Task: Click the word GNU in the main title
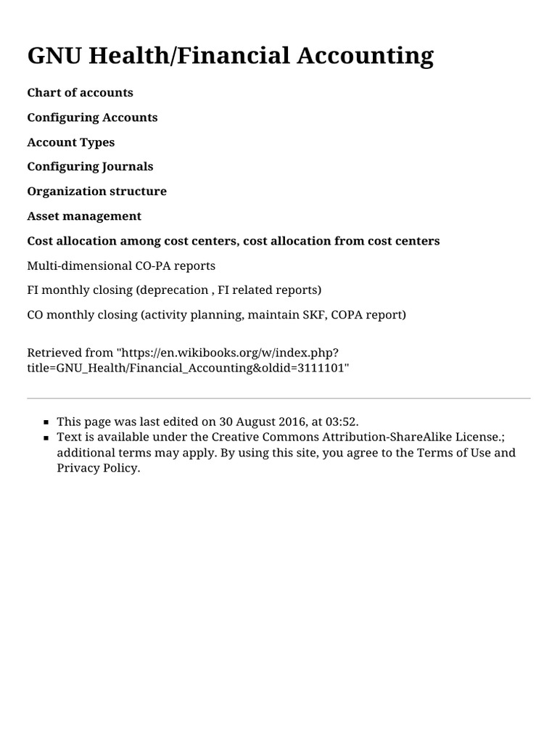pyautogui.click(x=54, y=56)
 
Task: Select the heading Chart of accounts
pyautogui.click(x=80, y=92)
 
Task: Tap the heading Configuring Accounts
pyautogui.click(x=92, y=117)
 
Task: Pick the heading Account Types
pyautogui.click(x=70, y=141)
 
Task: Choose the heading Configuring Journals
pyautogui.click(x=90, y=166)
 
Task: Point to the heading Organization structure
pyautogui.click(x=96, y=191)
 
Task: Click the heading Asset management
pyautogui.click(x=84, y=215)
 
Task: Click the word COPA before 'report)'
pyautogui.click(x=349, y=315)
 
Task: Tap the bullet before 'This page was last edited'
pyautogui.click(x=46, y=422)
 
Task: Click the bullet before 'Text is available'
pyautogui.click(x=46, y=438)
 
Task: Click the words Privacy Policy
pyautogui.click(x=98, y=468)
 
